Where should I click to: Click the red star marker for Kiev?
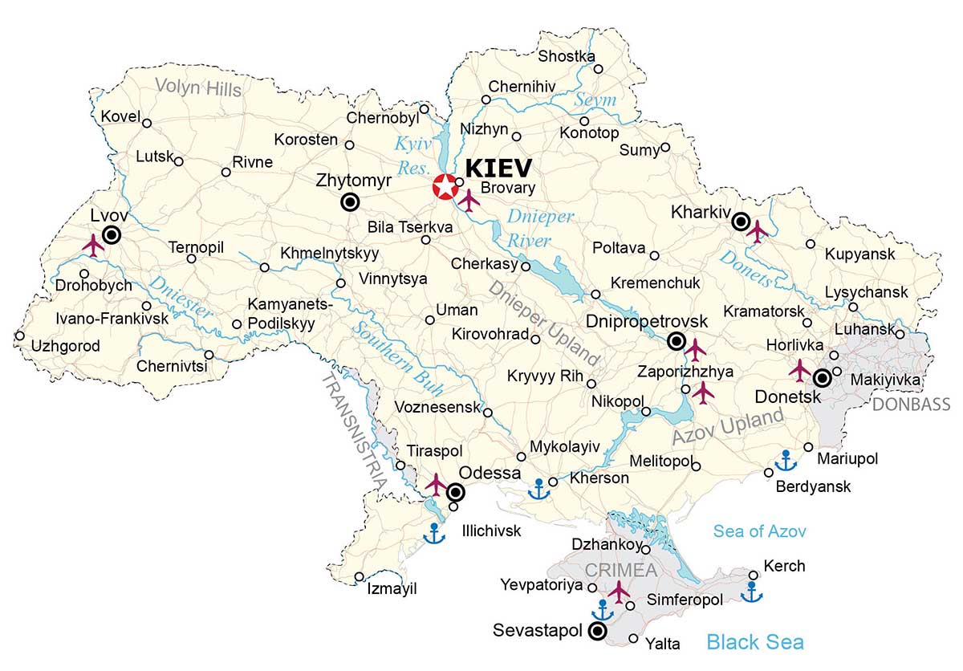pos(443,187)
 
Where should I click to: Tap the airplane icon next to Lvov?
pos(94,244)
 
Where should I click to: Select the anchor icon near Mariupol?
pos(786,461)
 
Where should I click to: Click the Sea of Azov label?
pos(759,531)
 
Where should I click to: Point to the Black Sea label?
pos(754,642)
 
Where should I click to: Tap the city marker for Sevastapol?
pos(597,632)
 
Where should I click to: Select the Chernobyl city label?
pos(383,118)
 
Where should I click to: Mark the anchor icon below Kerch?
pos(751,592)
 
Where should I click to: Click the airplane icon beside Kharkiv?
pos(757,231)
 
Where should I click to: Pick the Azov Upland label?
pos(727,427)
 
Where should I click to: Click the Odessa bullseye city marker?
pos(456,492)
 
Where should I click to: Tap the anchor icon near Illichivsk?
pos(434,533)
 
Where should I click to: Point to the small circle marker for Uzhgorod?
pos(19,336)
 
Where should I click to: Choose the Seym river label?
pos(595,100)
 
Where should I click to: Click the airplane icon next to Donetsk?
pos(800,370)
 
